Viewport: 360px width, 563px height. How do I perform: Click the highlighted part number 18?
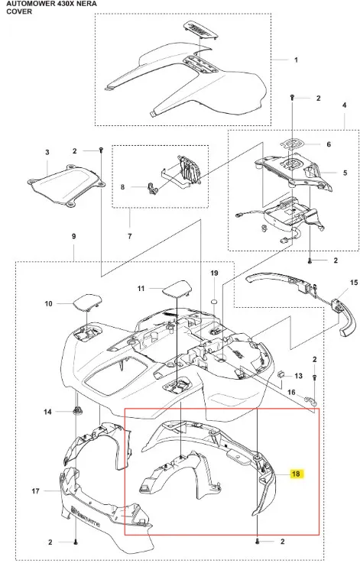pyautogui.click(x=296, y=474)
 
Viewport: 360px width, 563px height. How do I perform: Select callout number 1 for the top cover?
pyautogui.click(x=296, y=60)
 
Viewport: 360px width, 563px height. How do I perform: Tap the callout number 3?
pyautogui.click(x=47, y=153)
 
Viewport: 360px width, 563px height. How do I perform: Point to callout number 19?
pyautogui.click(x=214, y=273)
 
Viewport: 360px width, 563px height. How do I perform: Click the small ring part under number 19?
pyautogui.click(x=214, y=300)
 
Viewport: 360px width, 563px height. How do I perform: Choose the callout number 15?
pyautogui.click(x=354, y=283)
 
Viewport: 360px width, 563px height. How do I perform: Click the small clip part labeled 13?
pyautogui.click(x=282, y=374)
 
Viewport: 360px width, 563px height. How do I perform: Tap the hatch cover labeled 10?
pyautogui.click(x=86, y=303)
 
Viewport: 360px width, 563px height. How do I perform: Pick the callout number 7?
pyautogui.click(x=129, y=236)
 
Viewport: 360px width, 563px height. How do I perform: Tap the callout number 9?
pyautogui.click(x=73, y=236)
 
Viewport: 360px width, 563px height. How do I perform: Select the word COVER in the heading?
pyautogui.click(x=19, y=11)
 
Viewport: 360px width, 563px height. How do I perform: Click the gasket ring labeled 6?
pyautogui.click(x=293, y=144)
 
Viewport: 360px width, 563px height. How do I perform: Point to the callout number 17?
pyautogui.click(x=35, y=491)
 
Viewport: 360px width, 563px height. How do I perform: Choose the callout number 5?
pyautogui.click(x=345, y=173)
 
